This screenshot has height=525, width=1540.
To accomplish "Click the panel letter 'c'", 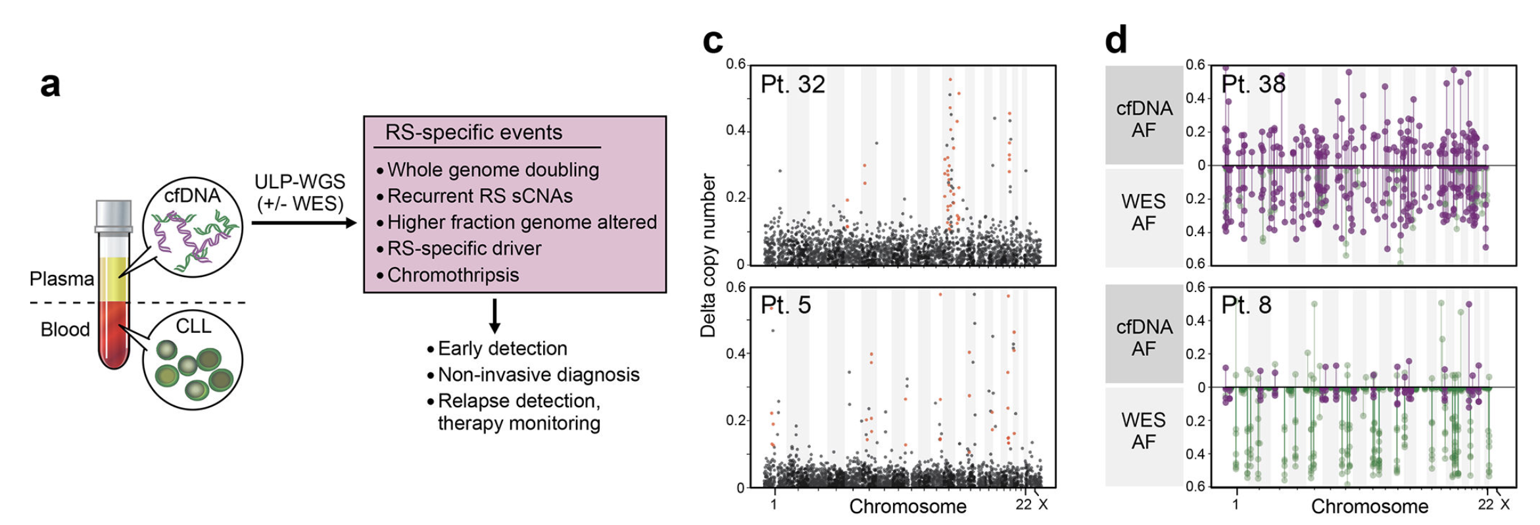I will [x=713, y=41].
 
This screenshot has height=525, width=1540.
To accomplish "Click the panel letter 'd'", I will [x=1116, y=41].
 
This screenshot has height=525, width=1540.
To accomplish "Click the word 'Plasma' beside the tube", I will [x=62, y=279].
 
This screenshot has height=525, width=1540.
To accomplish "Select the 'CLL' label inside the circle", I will [x=193, y=326].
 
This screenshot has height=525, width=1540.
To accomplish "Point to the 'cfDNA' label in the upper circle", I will [x=192, y=195].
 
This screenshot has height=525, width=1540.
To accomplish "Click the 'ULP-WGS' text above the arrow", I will [x=299, y=182].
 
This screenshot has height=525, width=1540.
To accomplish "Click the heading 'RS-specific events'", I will [x=473, y=133].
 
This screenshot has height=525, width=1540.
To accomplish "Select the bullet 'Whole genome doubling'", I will [x=493, y=170].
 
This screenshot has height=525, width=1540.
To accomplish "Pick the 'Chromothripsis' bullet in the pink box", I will [x=452, y=275].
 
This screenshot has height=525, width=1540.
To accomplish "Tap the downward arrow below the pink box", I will [x=495, y=316].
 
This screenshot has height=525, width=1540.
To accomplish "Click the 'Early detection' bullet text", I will [x=502, y=349].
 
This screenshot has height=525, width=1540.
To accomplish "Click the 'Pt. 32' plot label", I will [x=792, y=85].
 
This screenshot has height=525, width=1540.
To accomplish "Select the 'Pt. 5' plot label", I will [x=786, y=305].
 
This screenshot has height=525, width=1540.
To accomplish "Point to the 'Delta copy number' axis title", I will [x=708, y=255].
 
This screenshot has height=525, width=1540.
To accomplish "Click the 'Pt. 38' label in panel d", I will [x=1253, y=85].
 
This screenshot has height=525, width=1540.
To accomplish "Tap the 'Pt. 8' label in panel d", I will [x=1246, y=305].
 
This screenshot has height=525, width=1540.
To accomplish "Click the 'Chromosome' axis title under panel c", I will [x=907, y=507].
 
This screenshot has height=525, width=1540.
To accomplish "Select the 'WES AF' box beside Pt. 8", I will [x=1143, y=432].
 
